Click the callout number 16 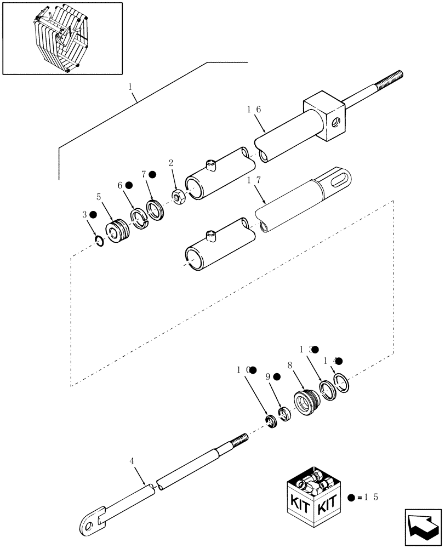pyautogui.click(x=253, y=110)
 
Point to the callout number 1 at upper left pyautogui.click(x=130, y=87)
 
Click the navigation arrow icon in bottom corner pyautogui.click(x=422, y=527)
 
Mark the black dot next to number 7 pyautogui.click(x=153, y=174)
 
